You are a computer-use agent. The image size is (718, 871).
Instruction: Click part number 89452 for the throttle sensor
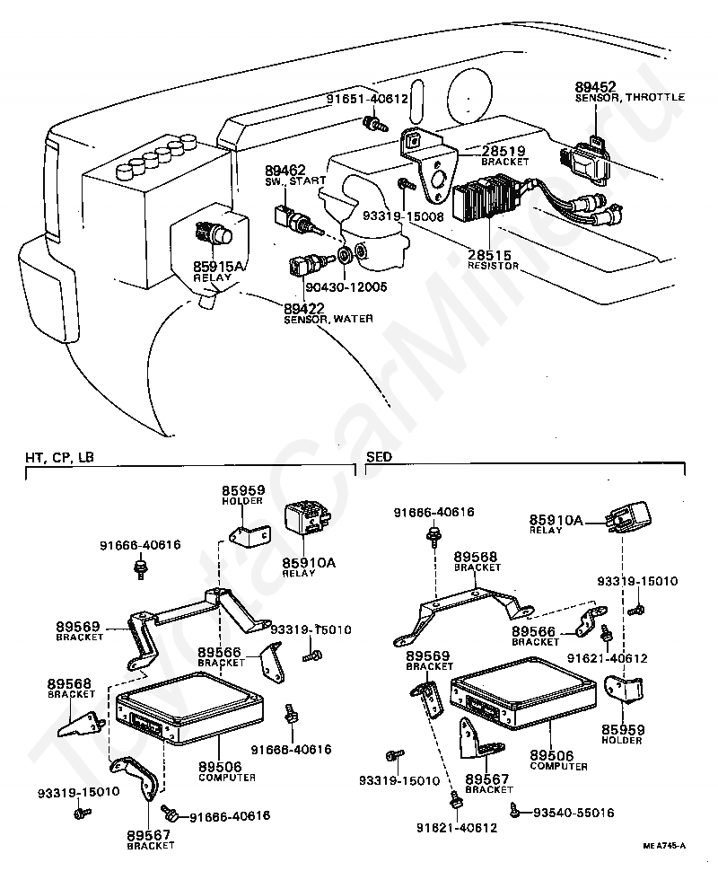[595, 87]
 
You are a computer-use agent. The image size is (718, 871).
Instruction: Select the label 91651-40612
[366, 99]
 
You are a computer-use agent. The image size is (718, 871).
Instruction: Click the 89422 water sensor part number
[303, 308]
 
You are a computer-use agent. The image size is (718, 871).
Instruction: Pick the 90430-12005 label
[346, 287]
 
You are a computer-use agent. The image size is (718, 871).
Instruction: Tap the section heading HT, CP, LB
[59, 457]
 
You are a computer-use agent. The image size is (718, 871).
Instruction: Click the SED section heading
[380, 457]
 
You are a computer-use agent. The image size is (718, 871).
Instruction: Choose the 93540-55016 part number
[574, 813]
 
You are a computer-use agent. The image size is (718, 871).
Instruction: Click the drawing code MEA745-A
[664, 846]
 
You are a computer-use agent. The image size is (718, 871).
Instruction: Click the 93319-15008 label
[403, 216]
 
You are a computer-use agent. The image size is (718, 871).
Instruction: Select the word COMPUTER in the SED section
[558, 767]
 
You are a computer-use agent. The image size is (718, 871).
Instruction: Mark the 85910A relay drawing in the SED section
[630, 518]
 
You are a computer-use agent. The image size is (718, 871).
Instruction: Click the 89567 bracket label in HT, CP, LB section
[150, 840]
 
